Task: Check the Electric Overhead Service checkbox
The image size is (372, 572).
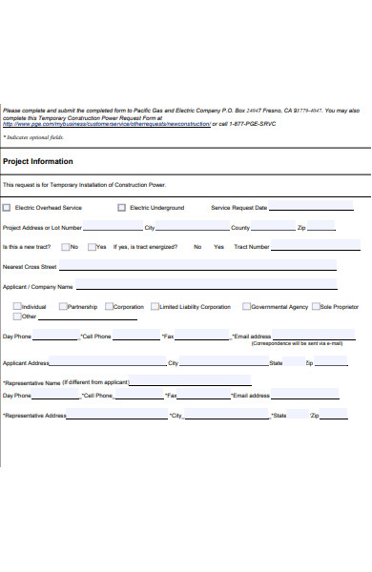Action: tap(8, 207)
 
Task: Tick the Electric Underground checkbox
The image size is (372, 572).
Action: tap(121, 207)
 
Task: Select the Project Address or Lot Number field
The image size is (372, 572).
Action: tap(113, 229)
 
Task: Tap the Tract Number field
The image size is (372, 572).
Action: tap(304, 247)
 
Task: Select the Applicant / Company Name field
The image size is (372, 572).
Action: tap(205, 287)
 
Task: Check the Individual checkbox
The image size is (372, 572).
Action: tap(17, 307)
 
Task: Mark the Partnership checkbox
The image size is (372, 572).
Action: tap(63, 307)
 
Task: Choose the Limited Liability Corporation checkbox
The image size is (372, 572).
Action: tap(155, 307)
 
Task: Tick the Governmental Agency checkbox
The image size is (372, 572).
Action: tap(246, 307)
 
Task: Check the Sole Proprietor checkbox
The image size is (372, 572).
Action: tap(315, 307)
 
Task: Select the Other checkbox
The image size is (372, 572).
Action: tap(17, 317)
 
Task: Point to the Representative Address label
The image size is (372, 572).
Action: tap(34, 416)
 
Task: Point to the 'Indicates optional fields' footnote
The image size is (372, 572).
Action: tap(30, 138)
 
